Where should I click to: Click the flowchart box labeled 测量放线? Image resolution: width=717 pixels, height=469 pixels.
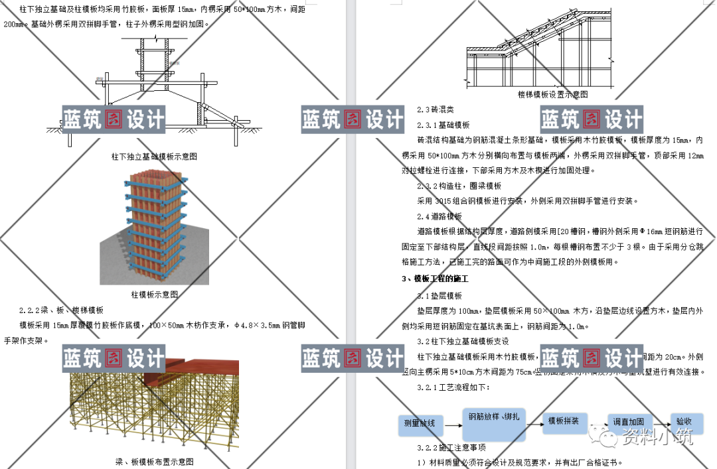pos(419,423)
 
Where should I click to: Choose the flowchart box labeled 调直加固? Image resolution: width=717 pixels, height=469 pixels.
pos(628,422)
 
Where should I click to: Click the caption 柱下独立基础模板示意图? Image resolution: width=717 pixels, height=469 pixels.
pos(154,157)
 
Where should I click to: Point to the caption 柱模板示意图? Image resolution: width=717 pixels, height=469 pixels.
pos(155,295)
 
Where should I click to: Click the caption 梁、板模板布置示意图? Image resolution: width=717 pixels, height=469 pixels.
pos(154,461)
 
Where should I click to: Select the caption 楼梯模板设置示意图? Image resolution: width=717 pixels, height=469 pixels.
pos(552,94)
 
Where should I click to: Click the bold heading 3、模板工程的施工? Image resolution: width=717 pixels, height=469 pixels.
pos(435,279)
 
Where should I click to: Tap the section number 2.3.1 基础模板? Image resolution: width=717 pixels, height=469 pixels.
pos(443,125)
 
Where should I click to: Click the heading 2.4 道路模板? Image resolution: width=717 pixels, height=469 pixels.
pos(439,216)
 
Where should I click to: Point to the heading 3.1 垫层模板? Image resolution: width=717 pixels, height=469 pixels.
pos(439,296)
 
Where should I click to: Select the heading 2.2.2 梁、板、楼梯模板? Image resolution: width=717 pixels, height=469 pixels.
pos(61,310)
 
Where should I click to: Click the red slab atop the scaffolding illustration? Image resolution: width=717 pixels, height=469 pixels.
pos(199,368)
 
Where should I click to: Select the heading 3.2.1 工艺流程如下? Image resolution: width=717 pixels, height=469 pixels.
pos(453,387)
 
